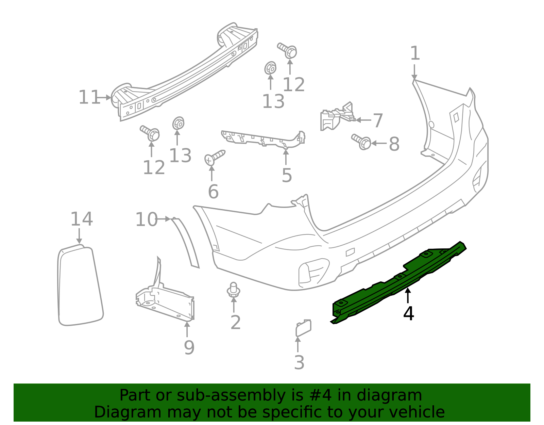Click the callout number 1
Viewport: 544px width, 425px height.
tap(415, 54)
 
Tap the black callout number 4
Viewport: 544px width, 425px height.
tap(408, 313)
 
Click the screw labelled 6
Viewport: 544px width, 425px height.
tap(215, 157)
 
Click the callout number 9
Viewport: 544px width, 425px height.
tap(189, 347)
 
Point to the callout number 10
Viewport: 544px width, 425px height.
tap(147, 219)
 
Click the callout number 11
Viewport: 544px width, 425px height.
tap(89, 98)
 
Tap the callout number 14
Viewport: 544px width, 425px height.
tap(82, 219)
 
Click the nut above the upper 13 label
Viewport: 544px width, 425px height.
tap(270, 68)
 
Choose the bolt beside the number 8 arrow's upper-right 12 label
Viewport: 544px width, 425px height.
tap(288, 50)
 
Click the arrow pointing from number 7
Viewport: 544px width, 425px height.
tap(363, 120)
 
